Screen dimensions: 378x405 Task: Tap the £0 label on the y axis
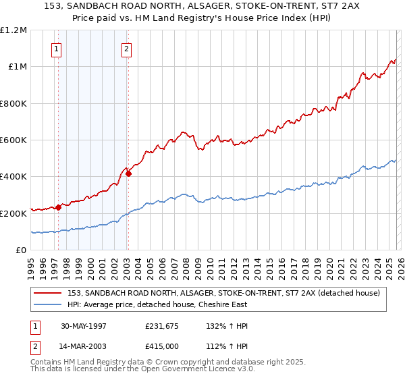coord(21,250)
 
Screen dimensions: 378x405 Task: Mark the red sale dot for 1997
coord(59,207)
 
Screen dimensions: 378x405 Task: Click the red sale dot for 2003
coord(128,173)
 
